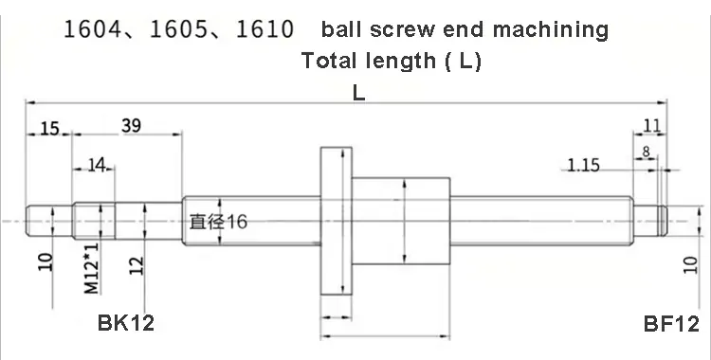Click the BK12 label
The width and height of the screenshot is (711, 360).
pos(126,324)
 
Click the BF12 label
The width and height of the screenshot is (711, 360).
pos(671,324)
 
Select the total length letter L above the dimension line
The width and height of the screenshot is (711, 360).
pos(358,93)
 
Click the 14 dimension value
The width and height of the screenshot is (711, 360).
pos(96,165)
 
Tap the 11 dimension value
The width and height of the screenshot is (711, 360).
pos(652,126)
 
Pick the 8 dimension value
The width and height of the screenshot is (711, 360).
pos(647,151)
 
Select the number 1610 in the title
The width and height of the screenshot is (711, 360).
pos(260,30)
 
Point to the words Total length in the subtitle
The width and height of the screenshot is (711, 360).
pos(363,62)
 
